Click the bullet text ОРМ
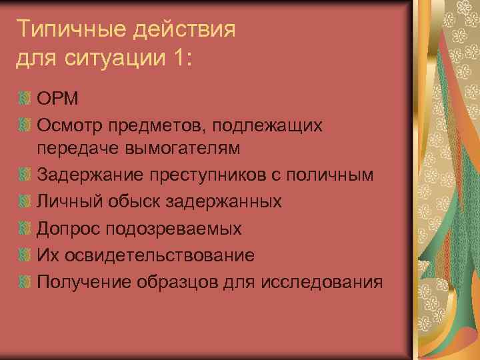tap(58, 99)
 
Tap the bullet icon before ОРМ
tap(25, 100)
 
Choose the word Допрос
tap(68, 229)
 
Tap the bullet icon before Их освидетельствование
tap(25, 255)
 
